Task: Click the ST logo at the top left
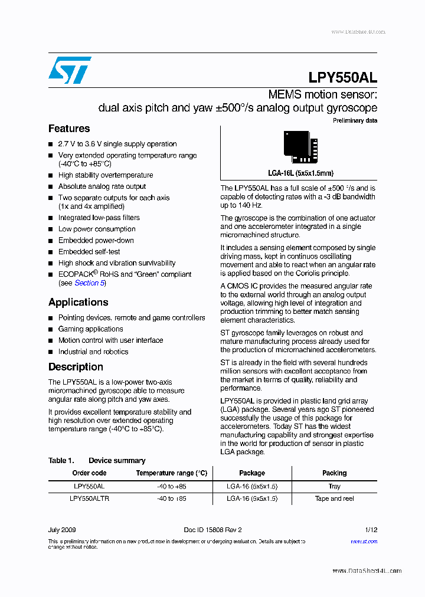(x=70, y=70)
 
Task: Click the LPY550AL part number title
(x=342, y=78)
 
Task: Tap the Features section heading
(x=69, y=129)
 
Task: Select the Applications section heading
(x=78, y=302)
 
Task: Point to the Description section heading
(x=76, y=367)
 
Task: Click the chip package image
(x=300, y=146)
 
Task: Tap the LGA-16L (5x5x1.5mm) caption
(x=300, y=173)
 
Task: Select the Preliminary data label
(x=355, y=121)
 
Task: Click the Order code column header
(x=89, y=473)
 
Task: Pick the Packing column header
(x=334, y=473)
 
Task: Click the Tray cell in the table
(x=334, y=486)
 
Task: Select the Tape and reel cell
(x=334, y=498)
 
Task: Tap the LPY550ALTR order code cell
(x=89, y=498)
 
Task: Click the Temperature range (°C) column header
(x=172, y=473)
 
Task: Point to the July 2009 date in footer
(x=62, y=530)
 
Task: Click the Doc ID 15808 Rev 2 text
(x=212, y=530)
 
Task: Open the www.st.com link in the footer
(x=364, y=541)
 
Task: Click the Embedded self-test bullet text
(x=89, y=252)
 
